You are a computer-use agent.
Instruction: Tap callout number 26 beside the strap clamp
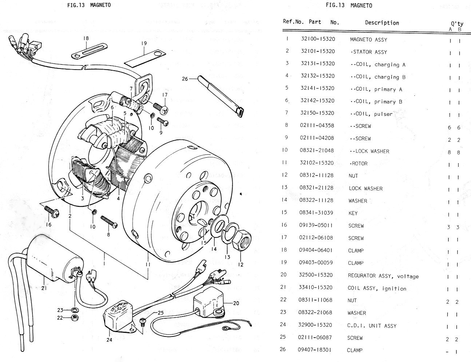[185, 78]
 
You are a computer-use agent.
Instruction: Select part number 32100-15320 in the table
[318, 39]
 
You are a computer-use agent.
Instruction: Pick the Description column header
[382, 23]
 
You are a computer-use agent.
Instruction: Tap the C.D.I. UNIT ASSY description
[372, 325]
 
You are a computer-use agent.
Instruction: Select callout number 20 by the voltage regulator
[236, 303]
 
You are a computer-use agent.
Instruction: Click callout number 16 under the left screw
[49, 224]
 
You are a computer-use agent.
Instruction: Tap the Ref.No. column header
[293, 21]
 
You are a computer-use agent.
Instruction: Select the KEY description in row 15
[353, 213]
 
